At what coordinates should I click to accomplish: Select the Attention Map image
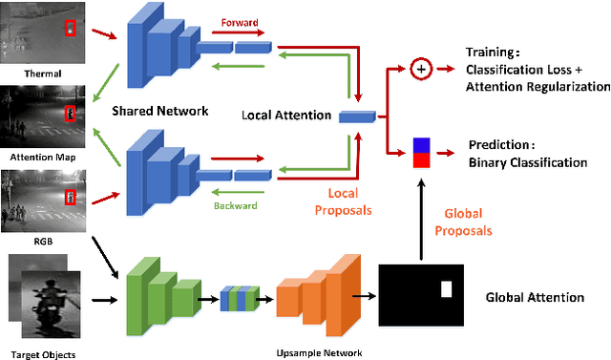tap(44, 117)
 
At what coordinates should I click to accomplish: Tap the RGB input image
tap(44, 201)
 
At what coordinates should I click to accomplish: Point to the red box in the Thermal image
tap(69, 28)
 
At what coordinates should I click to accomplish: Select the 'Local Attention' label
tap(286, 116)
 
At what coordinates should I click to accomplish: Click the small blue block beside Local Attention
tap(356, 116)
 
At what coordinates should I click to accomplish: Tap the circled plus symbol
tap(419, 69)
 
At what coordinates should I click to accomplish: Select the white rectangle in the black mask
tap(444, 288)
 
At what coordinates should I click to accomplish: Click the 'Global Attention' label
tap(535, 297)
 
